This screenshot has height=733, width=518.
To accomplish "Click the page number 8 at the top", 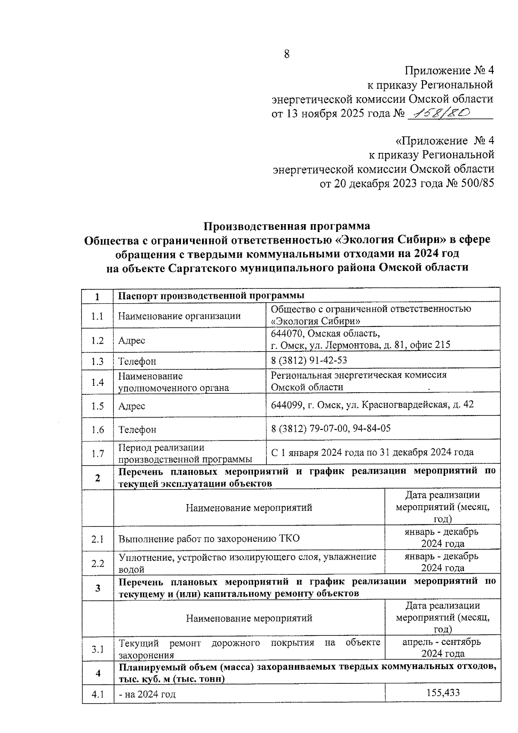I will pyautogui.click(x=286, y=54).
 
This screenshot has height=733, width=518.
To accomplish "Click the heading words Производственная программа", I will pyautogui.click(x=287, y=226).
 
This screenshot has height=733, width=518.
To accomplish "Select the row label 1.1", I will pyautogui.click(x=97, y=316).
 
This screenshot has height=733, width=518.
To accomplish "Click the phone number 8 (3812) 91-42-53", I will pyautogui.click(x=309, y=361).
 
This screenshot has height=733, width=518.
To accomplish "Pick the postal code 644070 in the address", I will pyautogui.click(x=287, y=333).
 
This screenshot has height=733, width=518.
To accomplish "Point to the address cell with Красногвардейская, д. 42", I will pyautogui.click(x=372, y=405).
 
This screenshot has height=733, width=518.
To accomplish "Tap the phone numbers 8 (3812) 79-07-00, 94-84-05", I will pyautogui.click(x=331, y=428).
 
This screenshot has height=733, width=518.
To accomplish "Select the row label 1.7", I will pyautogui.click(x=98, y=454).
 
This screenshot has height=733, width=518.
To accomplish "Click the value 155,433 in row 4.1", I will pyautogui.click(x=442, y=692).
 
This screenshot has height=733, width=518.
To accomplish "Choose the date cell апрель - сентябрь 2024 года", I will pyautogui.click(x=442, y=647).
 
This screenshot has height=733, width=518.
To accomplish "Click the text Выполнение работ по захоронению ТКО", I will pyautogui.click(x=209, y=539).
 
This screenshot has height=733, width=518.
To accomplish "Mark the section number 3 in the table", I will pyautogui.click(x=98, y=588).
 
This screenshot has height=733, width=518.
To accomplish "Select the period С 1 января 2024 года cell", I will pyautogui.click(x=372, y=452).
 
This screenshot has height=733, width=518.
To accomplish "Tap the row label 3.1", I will pyautogui.click(x=98, y=649).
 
